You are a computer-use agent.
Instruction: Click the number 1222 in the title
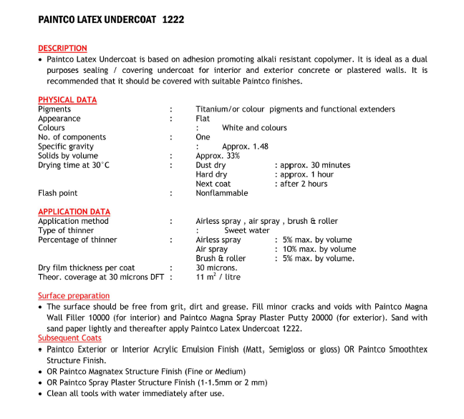(173, 20)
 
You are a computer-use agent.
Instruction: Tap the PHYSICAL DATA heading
(67, 100)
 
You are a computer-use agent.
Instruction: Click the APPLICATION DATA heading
(74, 212)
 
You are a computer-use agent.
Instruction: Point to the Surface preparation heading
(74, 296)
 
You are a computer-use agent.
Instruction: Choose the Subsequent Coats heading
(69, 337)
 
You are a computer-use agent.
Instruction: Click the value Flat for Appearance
(203, 119)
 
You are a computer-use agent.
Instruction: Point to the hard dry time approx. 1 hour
(306, 174)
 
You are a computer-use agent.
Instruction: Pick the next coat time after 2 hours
(304, 184)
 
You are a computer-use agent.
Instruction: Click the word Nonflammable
(221, 193)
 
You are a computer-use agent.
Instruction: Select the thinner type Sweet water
(247, 231)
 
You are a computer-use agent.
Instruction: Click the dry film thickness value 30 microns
(216, 268)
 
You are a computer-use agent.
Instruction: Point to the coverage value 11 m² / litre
(218, 277)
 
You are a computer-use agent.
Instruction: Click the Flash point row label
(57, 193)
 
